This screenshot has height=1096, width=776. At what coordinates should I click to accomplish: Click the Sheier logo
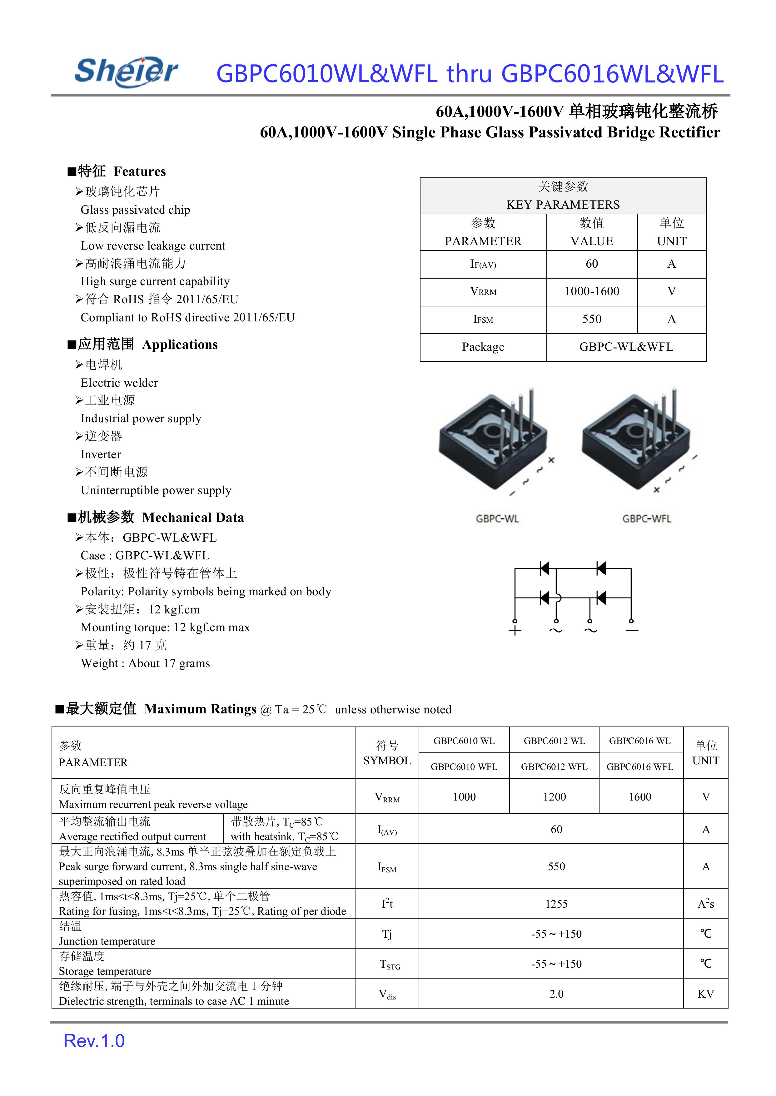click(127, 72)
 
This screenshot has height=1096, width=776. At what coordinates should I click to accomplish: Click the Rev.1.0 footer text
click(94, 1041)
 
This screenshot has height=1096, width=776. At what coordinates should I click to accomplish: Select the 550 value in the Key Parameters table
click(592, 319)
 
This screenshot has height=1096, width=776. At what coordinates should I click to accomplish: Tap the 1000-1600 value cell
click(592, 291)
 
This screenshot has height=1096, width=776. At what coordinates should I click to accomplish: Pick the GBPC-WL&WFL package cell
click(626, 347)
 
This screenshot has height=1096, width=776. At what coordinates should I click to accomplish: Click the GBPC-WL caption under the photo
click(497, 519)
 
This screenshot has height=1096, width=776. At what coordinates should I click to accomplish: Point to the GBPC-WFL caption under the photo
click(646, 519)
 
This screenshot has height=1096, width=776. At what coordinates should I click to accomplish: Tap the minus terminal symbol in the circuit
click(632, 631)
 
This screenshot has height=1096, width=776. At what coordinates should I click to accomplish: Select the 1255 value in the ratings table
click(556, 904)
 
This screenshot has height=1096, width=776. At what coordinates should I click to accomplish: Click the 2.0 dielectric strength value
click(556, 994)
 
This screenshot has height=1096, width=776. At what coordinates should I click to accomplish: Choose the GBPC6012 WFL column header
click(554, 767)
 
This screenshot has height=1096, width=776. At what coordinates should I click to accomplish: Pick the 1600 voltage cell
click(640, 797)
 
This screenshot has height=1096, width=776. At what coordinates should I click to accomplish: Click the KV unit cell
click(705, 994)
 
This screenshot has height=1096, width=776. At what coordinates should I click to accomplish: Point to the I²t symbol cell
click(387, 904)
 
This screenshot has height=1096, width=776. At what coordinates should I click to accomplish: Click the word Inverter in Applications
click(101, 454)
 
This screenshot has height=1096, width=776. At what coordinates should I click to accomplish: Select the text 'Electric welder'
click(119, 383)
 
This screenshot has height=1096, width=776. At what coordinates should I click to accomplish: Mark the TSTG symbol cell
click(390, 965)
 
